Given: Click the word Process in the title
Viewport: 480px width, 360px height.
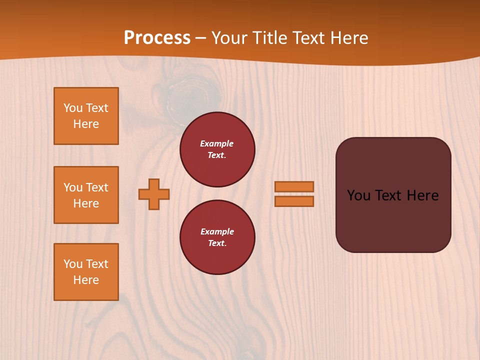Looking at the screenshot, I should (157, 37).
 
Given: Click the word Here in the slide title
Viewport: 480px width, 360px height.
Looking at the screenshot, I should (349, 37).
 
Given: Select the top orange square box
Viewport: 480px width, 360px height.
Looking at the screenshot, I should (86, 116).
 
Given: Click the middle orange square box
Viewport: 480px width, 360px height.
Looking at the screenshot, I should (86, 195).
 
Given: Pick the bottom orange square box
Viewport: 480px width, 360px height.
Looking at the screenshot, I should (86, 272).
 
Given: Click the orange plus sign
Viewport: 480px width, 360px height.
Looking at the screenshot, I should (154, 194).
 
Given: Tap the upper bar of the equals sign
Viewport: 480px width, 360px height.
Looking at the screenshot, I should (294, 186).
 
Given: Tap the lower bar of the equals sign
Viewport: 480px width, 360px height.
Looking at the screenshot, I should (294, 201).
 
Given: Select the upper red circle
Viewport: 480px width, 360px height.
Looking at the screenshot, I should (217, 149).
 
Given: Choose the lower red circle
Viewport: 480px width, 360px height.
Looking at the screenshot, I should (217, 237).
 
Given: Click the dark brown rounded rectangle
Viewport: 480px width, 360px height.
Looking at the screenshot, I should (393, 220).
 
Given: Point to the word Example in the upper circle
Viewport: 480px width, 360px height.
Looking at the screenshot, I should (217, 143).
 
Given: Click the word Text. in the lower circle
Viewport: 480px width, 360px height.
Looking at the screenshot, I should (217, 243).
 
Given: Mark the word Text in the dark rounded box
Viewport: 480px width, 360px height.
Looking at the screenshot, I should (389, 195).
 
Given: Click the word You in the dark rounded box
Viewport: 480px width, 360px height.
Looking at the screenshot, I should (358, 195).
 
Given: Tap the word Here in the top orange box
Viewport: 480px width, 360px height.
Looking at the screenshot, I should (86, 124).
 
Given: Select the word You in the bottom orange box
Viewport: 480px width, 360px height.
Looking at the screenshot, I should (73, 264).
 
